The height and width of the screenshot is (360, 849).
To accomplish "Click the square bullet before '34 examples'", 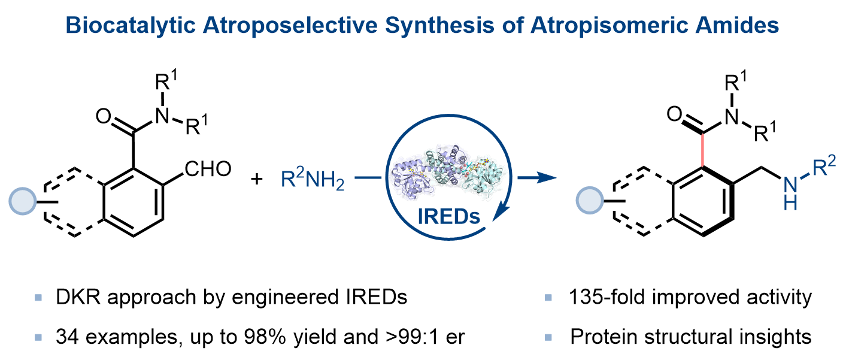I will tap(39, 337).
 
